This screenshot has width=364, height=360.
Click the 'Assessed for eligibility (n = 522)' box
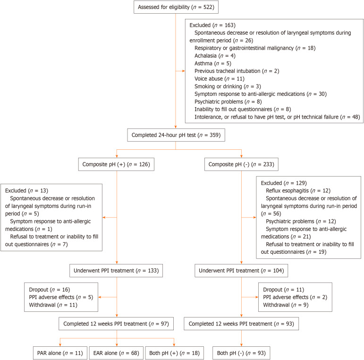pyautogui.click(x=176, y=7)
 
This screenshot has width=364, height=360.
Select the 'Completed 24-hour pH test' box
pyautogui.click(x=176, y=135)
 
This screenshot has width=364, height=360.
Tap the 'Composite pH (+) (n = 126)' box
pyautogui.click(x=116, y=164)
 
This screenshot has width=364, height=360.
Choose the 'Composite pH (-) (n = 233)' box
pyautogui.click(x=241, y=164)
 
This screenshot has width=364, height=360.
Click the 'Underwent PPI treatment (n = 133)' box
pyautogui.click(x=116, y=271)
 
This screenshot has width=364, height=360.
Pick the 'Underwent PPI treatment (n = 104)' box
pyautogui.click(x=241, y=271)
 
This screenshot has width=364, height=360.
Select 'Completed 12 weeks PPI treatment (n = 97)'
pyautogui.click(x=116, y=324)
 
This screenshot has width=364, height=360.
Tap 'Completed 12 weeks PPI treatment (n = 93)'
pyautogui.click(x=241, y=324)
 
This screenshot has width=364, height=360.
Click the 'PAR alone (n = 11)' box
pyautogui.click(x=60, y=353)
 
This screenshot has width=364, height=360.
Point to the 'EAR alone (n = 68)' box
pyautogui.click(x=116, y=353)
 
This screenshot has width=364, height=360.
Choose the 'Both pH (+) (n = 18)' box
pyautogui.click(x=174, y=353)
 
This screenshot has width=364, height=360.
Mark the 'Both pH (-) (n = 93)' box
pyautogui.click(x=241, y=353)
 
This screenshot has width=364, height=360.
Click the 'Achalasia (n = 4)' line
pyautogui.click(x=215, y=56)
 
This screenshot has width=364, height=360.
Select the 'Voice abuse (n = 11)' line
pyautogui.click(x=220, y=79)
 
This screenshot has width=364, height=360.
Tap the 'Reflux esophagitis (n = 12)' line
pyautogui.click(x=298, y=191)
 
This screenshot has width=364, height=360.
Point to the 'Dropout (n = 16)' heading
pyautogui.click(x=50, y=290)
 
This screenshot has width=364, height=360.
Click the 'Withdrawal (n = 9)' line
pyautogui.click(x=286, y=305)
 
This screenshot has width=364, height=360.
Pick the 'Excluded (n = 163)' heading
pyautogui.click(x=212, y=25)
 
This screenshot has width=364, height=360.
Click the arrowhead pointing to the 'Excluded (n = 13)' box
pyautogui.click(x=104, y=218)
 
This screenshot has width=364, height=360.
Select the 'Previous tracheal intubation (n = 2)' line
pyautogui.click(x=237, y=71)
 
